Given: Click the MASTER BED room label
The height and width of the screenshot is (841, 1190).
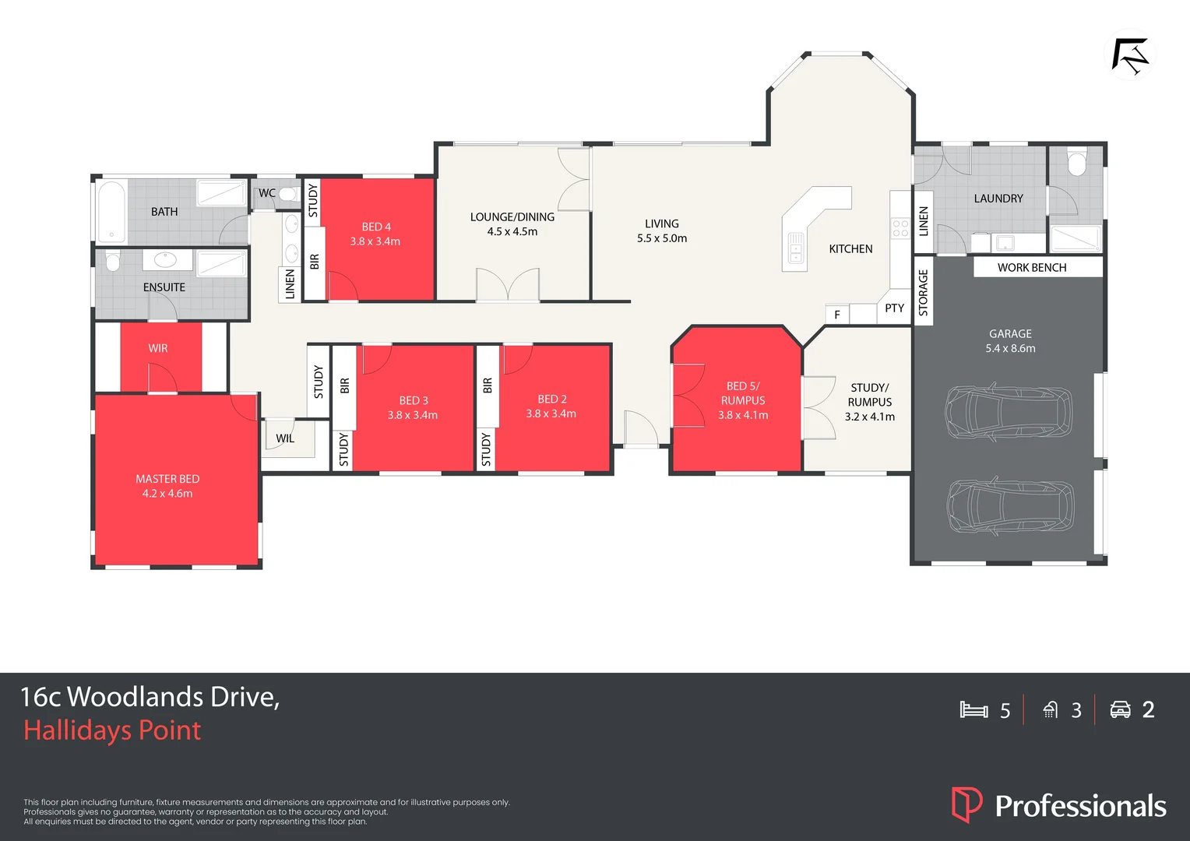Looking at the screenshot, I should tap(167, 479).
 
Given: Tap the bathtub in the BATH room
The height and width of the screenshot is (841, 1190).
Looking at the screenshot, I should tap(111, 212).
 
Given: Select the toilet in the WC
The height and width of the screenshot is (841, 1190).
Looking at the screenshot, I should tap(287, 194).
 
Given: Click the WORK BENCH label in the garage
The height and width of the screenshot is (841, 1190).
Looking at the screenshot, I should tap(1032, 267).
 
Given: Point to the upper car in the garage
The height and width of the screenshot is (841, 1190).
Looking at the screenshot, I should tap(1009, 411).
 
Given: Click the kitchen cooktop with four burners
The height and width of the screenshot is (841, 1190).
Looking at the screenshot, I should tap(900, 228).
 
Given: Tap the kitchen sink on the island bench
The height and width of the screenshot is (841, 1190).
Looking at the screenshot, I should tap(796, 248).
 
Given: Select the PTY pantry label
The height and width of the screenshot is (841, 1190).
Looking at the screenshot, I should tap(895, 308).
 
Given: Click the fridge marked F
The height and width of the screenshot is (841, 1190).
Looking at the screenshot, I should tap(837, 315).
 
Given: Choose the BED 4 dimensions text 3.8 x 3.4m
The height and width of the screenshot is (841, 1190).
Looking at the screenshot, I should tap(375, 241).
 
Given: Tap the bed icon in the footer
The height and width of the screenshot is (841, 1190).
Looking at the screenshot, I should tap(973, 709).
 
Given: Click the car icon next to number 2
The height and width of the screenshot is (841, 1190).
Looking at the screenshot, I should tap(1120, 709).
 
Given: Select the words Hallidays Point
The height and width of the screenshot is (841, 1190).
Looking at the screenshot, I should tap(112, 730).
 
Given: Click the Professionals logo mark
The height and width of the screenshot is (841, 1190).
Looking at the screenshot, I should tap(966, 804).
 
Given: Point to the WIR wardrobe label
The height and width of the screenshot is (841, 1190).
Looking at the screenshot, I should tap(158, 348).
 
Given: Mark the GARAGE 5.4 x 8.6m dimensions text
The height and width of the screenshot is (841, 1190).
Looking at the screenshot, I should tap(1010, 348).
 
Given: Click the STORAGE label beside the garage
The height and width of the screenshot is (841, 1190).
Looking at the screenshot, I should tap(924, 292).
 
